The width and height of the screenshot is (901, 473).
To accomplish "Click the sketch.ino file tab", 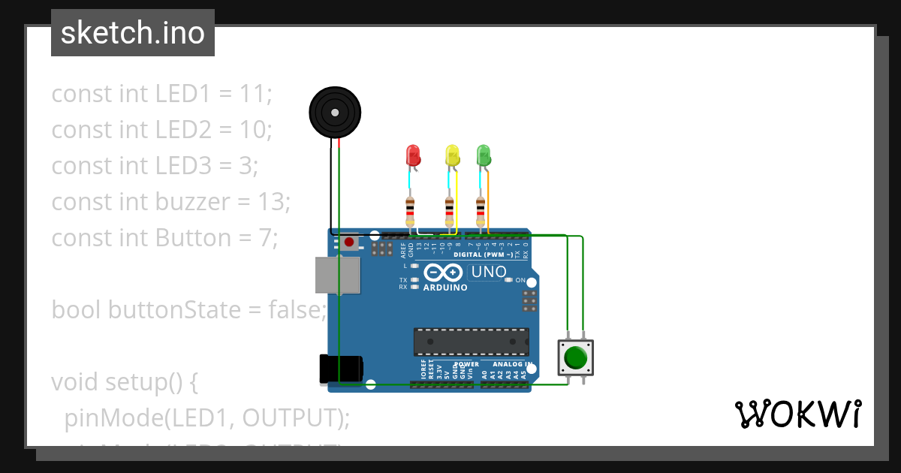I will click(133, 33).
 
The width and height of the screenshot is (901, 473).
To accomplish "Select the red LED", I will click(413, 155).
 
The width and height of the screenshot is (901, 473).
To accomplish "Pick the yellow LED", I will click(452, 155).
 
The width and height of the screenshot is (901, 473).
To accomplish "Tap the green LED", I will click(484, 155).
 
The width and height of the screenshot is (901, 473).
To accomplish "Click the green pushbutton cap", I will click(576, 357).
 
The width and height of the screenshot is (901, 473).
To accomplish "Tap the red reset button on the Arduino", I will click(350, 243).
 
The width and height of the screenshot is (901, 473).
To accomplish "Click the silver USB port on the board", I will click(337, 275).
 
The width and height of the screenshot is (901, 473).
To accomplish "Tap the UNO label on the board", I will click(489, 272).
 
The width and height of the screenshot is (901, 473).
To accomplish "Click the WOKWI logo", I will click(797, 414).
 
